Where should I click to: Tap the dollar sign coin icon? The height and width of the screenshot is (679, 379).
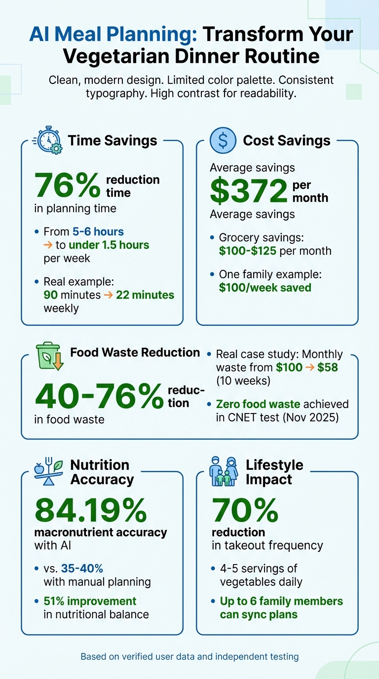click(x=223, y=140)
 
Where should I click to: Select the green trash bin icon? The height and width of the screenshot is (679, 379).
click(x=50, y=356)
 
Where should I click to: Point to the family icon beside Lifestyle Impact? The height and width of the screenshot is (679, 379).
click(x=224, y=471)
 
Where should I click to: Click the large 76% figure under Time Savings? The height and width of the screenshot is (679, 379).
click(x=67, y=186)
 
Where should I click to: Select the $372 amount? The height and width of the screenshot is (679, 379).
click(x=248, y=191)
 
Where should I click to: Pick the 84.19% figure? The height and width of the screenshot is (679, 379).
click(x=90, y=510)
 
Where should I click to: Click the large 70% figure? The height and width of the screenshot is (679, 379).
click(x=245, y=510)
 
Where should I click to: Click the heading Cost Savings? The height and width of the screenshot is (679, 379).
click(x=286, y=141)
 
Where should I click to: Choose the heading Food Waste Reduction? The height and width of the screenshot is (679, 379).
click(x=135, y=352)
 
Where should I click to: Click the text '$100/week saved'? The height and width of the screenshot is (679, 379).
click(x=265, y=287)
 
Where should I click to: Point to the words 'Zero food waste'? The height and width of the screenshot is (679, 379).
click(x=258, y=404)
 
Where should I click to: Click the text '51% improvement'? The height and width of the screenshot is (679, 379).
click(x=90, y=601)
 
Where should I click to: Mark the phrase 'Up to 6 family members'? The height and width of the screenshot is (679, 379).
click(x=281, y=601)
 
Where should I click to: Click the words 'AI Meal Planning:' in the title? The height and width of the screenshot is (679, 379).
click(x=113, y=35)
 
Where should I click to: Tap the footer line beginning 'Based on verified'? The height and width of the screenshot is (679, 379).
click(x=189, y=656)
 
